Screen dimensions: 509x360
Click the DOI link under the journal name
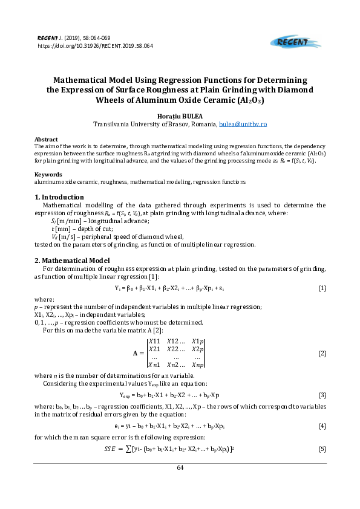95,45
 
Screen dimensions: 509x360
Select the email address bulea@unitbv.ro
243,123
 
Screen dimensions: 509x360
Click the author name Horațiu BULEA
180,115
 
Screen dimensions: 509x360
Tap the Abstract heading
47,139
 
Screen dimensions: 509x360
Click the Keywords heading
48,174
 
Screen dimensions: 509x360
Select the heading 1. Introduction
59,197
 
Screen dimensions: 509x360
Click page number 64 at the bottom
180,467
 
